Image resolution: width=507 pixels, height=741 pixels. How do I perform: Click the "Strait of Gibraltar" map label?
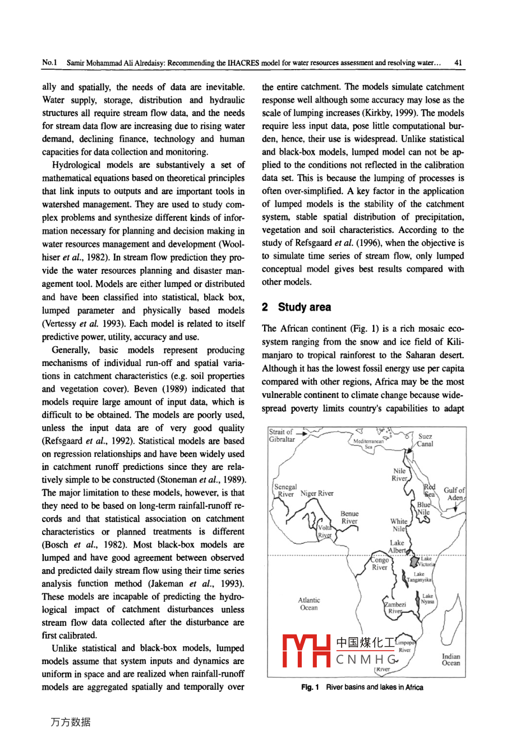[281, 436]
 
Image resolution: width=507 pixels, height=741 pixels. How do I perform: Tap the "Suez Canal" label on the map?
[425, 440]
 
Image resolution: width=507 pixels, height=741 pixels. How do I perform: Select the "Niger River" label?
[317, 493]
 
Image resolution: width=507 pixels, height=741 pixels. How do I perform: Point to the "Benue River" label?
[349, 517]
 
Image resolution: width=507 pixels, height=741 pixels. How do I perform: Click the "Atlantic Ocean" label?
[309, 604]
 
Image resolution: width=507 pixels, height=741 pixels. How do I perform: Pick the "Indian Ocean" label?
[450, 660]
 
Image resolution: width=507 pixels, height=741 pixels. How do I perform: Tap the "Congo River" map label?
[380, 564]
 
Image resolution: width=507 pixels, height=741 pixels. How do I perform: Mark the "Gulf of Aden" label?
[454, 494]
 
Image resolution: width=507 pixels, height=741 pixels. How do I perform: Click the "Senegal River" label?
[285, 491]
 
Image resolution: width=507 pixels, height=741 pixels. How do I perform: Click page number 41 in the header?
[458, 63]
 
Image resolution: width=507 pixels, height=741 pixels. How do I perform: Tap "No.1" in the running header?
[49, 63]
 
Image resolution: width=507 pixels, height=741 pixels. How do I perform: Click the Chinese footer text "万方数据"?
[70, 722]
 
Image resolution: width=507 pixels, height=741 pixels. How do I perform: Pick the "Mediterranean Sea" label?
[368, 444]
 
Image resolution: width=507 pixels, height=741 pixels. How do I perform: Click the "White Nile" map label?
[398, 525]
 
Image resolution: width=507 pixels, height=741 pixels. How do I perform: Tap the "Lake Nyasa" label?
[427, 599]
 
